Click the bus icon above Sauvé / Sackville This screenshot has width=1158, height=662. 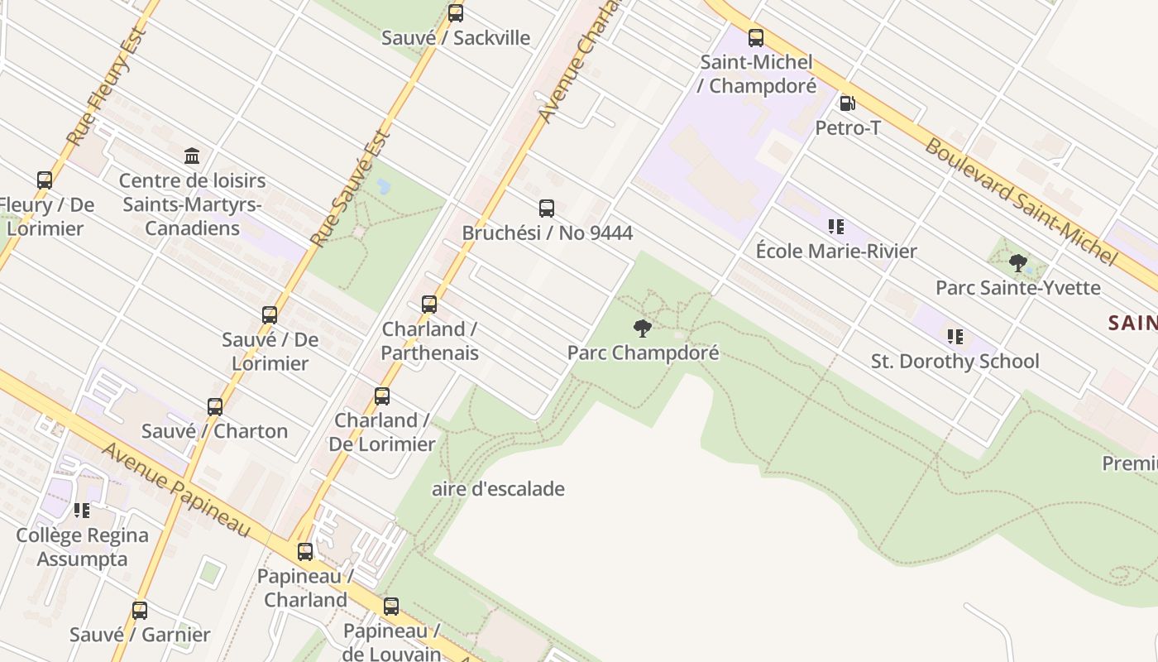click(x=456, y=13)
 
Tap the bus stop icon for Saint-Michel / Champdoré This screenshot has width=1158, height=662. click(x=756, y=38)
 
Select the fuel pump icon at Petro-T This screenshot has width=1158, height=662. click(x=847, y=103)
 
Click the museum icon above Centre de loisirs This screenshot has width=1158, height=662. click(x=193, y=156)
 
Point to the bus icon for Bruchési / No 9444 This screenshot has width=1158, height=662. click(x=547, y=209)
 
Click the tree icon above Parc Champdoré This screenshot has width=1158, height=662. click(x=643, y=329)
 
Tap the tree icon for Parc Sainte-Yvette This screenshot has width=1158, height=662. click(x=1018, y=264)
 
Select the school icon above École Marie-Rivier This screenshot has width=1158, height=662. click(x=836, y=227)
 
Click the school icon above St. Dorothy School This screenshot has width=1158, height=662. click(x=955, y=337)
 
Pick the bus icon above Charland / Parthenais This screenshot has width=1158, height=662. click(x=429, y=305)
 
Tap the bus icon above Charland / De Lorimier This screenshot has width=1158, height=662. click(x=382, y=396)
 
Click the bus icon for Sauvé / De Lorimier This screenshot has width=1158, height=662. click(x=270, y=315)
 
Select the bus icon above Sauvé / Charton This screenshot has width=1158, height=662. click(x=215, y=407)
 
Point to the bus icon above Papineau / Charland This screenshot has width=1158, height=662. click(x=305, y=552)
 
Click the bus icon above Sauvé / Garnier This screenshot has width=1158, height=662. click(x=140, y=611)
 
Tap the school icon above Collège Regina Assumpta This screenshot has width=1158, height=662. click(x=82, y=511)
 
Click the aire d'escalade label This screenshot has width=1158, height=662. click(x=498, y=489)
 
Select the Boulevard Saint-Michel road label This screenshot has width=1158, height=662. click(x=1021, y=201)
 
